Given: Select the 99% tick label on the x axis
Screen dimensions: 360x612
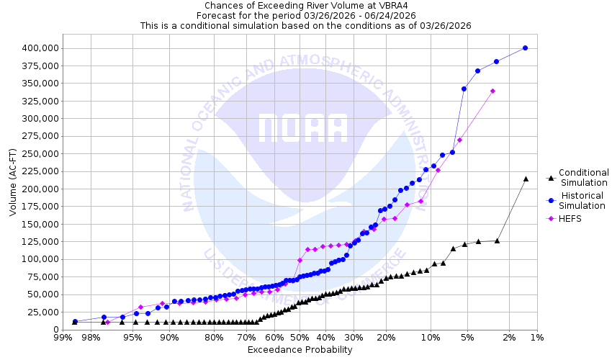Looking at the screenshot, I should [x=63, y=337].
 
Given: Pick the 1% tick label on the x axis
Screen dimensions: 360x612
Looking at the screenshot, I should [x=536, y=337].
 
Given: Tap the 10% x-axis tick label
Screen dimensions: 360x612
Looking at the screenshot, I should [x=431, y=337].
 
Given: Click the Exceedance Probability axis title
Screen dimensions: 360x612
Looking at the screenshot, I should [x=300, y=350].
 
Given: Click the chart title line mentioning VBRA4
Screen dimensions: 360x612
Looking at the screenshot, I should [x=305, y=5].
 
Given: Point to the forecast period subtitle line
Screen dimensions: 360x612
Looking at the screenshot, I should [x=305, y=15].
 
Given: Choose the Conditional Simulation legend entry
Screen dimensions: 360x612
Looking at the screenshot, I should [x=583, y=177].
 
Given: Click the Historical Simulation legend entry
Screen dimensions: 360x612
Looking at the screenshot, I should [x=583, y=200].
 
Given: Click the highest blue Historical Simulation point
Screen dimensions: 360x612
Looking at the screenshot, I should [x=525, y=48].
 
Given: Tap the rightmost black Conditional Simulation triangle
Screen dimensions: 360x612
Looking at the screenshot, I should [x=526, y=179].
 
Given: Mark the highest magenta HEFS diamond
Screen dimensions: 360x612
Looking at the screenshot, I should [x=492, y=91].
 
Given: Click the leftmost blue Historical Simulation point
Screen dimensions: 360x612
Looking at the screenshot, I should [x=75, y=322].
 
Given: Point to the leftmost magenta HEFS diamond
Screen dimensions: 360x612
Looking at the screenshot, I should [x=107, y=322].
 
